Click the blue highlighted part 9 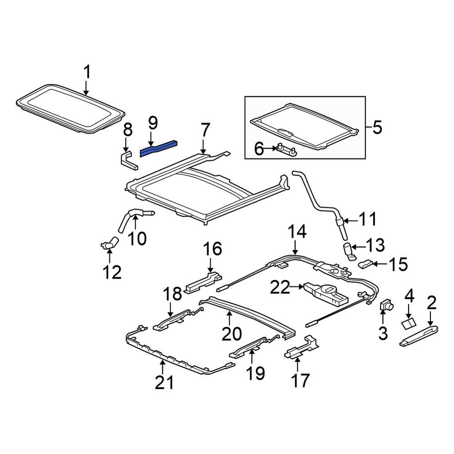pyautogui.click(x=158, y=148)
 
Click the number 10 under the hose pyautogui.click(x=137, y=237)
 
